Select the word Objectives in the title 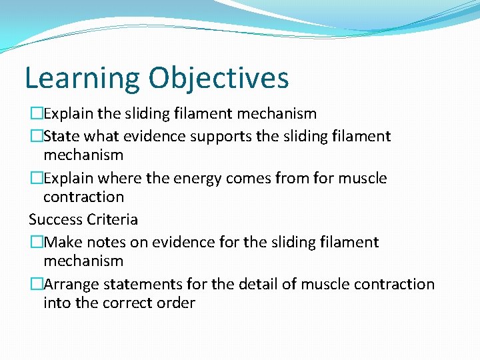coord(219,79)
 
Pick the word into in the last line coord(55,303)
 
